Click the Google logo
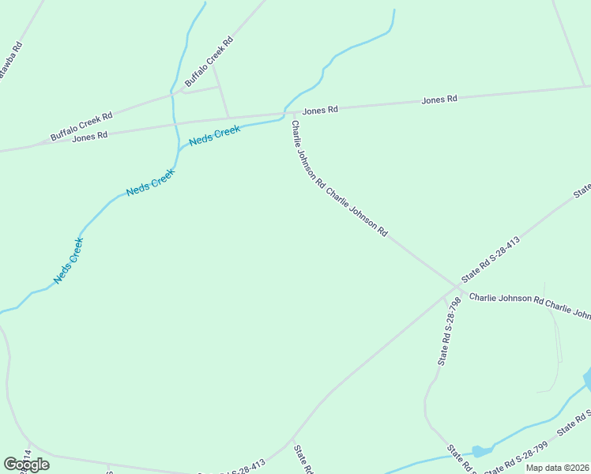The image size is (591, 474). (26, 465)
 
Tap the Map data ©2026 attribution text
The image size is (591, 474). (558, 468)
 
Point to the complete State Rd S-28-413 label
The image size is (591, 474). (491, 260)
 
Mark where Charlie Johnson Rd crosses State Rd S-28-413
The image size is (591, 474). (458, 286)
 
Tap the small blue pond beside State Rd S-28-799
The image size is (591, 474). (482, 450)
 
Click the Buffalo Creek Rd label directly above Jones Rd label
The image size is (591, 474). (81, 126)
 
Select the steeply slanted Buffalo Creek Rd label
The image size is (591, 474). (209, 62)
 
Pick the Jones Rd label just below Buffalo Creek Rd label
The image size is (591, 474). (89, 137)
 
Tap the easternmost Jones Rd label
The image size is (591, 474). (439, 100)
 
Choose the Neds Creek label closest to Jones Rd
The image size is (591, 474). (214, 135)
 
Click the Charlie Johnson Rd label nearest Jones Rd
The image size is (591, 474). (307, 153)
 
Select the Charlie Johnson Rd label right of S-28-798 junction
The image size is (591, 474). (506, 301)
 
